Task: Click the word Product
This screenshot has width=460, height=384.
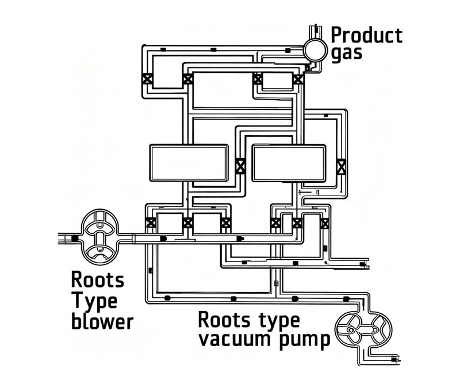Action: (x=366, y=36)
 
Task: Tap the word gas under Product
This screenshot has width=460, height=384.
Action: (x=347, y=53)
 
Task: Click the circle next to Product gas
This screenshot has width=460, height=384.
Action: (x=315, y=50)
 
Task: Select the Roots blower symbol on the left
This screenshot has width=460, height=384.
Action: (x=99, y=235)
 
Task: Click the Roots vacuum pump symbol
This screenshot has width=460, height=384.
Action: (x=363, y=330)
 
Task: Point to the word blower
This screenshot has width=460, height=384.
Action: (x=102, y=322)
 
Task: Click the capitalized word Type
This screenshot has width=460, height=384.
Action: (x=94, y=302)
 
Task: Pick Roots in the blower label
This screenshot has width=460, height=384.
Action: (x=98, y=279)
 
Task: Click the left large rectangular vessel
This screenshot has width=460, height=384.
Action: (x=189, y=163)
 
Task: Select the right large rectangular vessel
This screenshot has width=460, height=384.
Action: (x=289, y=163)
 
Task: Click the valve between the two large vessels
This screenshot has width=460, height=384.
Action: (x=240, y=166)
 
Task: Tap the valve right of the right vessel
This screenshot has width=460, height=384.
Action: (x=341, y=167)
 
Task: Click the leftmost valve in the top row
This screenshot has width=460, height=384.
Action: (x=147, y=79)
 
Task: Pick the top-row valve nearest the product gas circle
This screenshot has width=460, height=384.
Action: (x=298, y=79)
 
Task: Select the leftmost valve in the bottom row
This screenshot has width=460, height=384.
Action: (x=151, y=222)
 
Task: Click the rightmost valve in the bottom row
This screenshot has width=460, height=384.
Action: (x=324, y=223)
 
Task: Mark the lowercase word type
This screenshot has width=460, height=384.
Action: (x=279, y=321)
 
